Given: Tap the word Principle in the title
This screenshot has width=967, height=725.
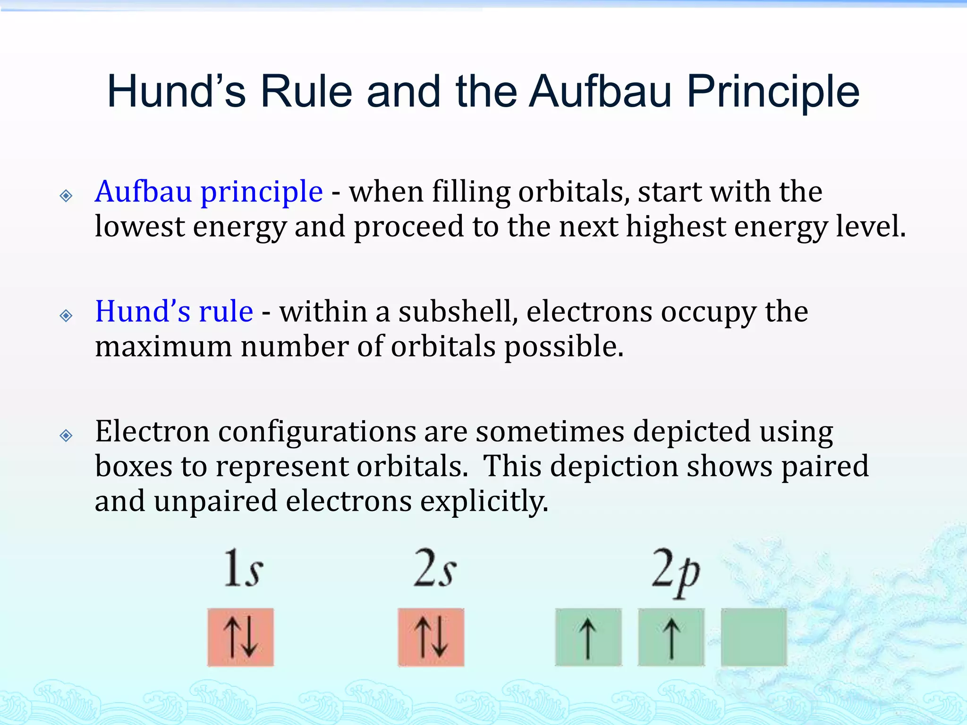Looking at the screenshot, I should coord(773,92).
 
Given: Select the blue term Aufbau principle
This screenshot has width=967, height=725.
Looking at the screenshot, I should coord(209,192).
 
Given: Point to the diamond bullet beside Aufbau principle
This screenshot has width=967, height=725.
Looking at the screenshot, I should coord(66,195).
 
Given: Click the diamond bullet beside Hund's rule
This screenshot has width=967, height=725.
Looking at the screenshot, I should coord(66,315).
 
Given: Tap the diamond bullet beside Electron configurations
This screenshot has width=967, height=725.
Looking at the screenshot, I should coord(66,435).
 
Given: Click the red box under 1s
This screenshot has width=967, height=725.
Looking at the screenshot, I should coord(240,637).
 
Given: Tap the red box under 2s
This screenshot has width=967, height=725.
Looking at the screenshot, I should coord(431,637).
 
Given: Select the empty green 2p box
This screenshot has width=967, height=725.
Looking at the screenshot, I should coord(754,637).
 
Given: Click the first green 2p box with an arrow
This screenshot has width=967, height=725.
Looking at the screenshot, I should coord(588,637).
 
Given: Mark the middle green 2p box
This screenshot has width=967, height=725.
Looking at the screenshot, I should coord(671,637).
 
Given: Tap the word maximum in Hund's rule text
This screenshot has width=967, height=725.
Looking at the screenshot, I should coord(163,346).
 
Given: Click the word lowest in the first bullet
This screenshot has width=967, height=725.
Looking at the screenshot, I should coord(140,227).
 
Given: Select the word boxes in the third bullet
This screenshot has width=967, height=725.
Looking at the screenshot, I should coord(134,466).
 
